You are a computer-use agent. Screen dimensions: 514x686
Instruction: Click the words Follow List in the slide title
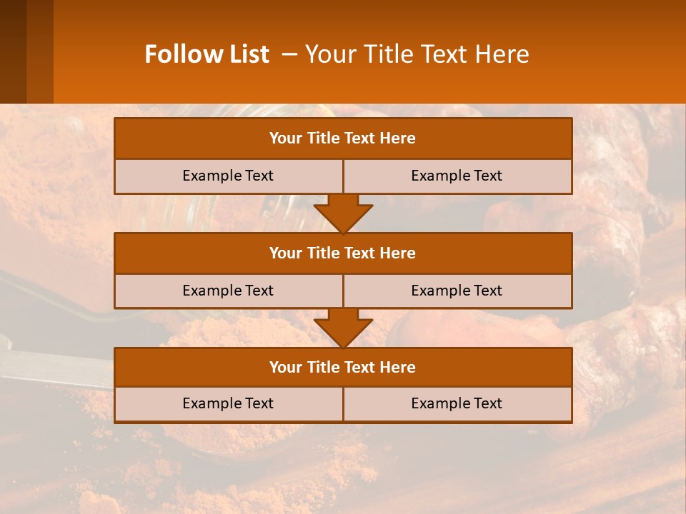207,54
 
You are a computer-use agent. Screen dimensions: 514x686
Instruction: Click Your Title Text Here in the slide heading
417,54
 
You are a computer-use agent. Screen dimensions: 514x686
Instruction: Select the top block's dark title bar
343,138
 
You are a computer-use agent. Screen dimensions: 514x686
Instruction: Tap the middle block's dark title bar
343,253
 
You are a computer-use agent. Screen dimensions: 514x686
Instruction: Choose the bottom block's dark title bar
343,367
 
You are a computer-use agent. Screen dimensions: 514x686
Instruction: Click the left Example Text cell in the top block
228,176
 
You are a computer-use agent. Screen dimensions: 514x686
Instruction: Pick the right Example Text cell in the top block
457,176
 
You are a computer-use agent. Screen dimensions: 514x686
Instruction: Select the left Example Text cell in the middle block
228,291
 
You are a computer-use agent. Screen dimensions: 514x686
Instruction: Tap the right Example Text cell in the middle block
457,291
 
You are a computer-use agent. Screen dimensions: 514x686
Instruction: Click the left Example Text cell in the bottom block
228,403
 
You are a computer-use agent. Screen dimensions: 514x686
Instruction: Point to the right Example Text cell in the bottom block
457,403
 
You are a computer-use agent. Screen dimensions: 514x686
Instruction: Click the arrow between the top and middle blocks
343,213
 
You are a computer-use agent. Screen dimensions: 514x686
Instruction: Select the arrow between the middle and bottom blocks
343,328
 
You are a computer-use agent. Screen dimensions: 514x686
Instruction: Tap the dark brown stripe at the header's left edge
13,51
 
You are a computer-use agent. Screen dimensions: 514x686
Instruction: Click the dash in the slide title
289,54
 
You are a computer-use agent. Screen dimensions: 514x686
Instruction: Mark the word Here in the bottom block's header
398,367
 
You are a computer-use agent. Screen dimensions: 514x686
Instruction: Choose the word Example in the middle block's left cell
212,291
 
